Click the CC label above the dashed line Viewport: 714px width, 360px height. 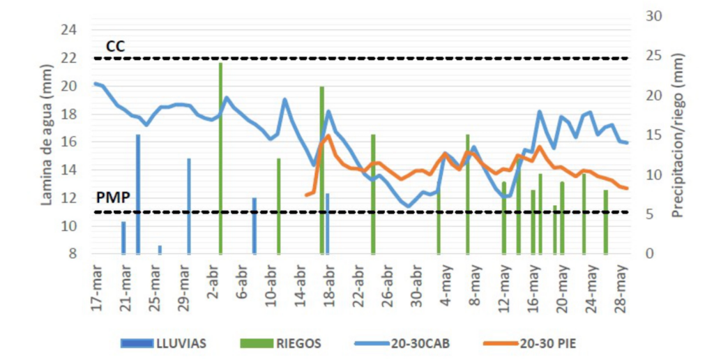click(115, 46)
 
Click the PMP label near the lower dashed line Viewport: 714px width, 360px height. click(113, 198)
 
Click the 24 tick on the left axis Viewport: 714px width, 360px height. click(69, 30)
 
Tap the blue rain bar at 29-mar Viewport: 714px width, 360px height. click(189, 206)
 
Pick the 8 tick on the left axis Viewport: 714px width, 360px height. click(73, 254)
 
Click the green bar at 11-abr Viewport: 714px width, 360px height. click(279, 206)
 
